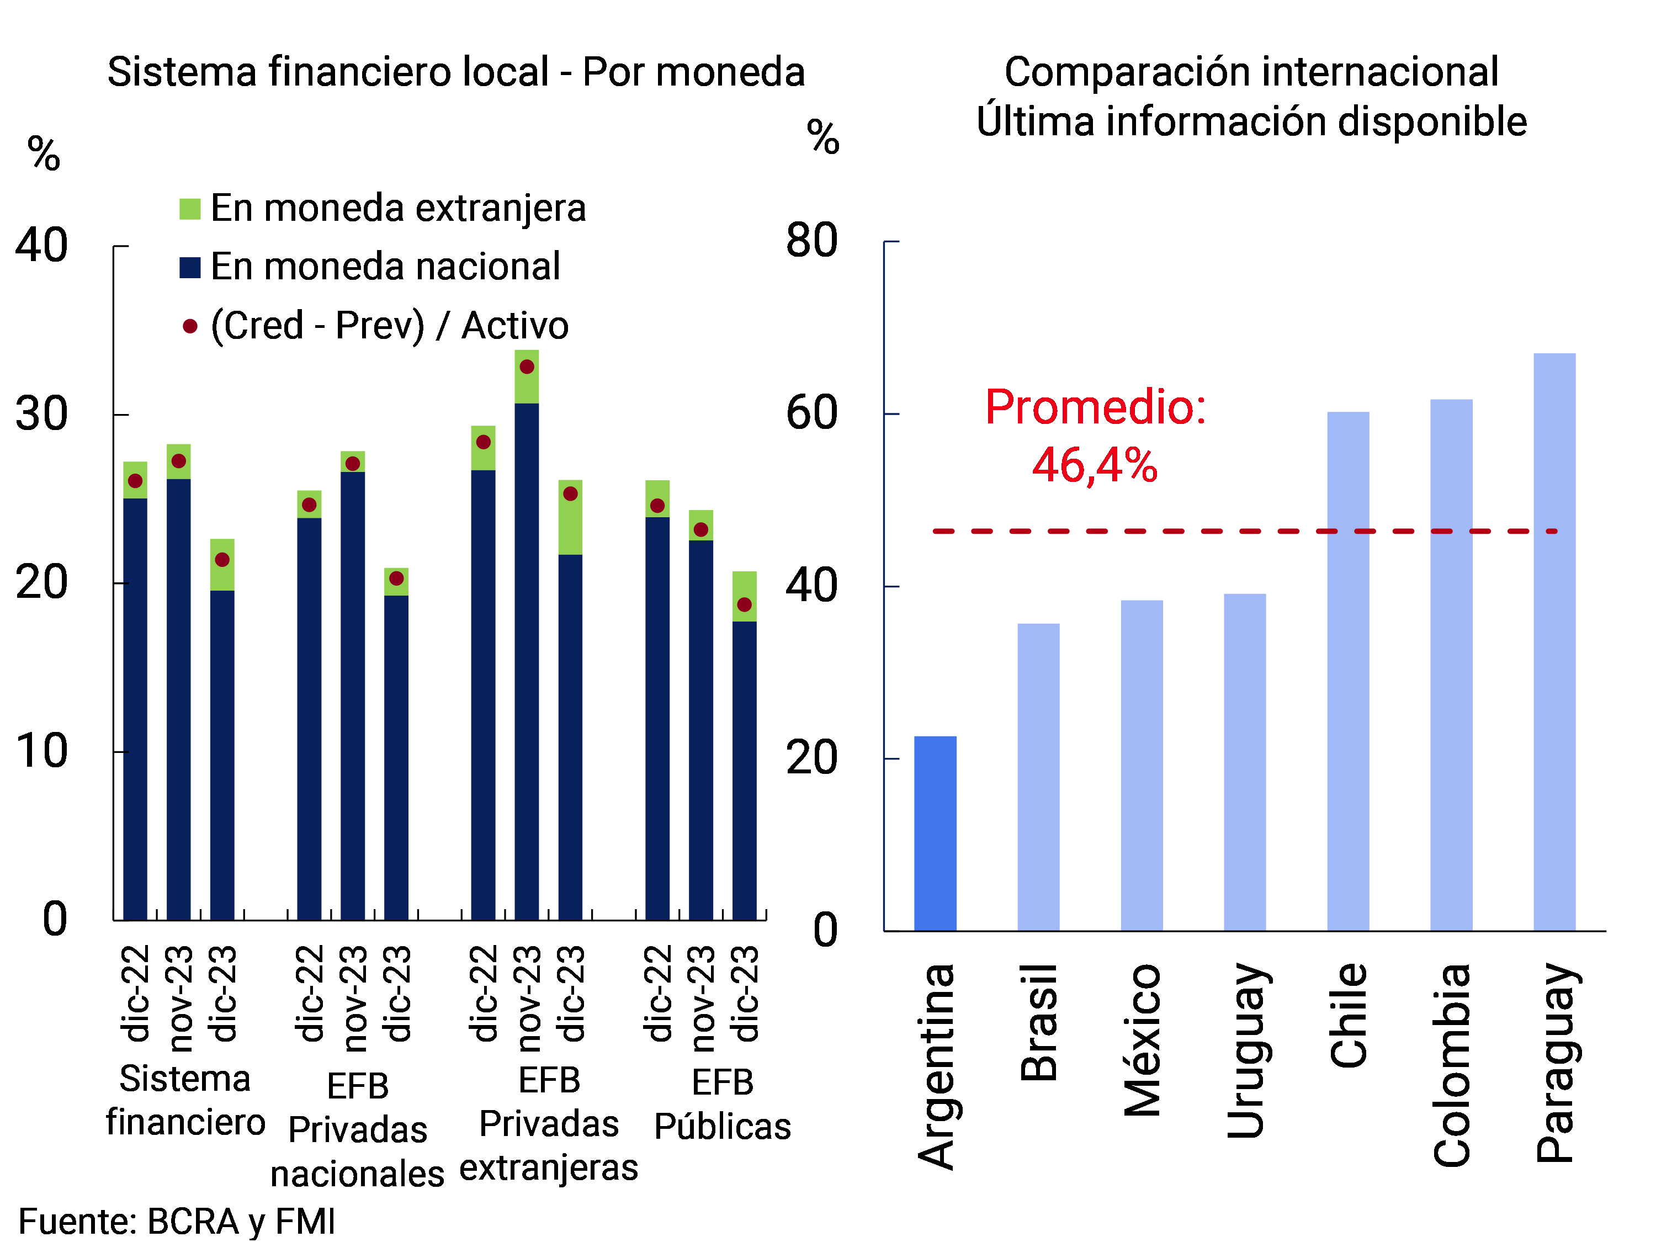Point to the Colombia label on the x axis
pyautogui.click(x=1452, y=1065)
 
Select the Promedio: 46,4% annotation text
pyautogui.click(x=1095, y=435)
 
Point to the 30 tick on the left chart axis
pyautogui.click(x=42, y=414)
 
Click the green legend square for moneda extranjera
pyautogui.click(x=190, y=209)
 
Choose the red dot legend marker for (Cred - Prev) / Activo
pyautogui.click(x=190, y=326)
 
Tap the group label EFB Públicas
pyautogui.click(x=723, y=1103)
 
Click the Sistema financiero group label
pyautogui.click(x=185, y=1100)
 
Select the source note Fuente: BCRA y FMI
pyautogui.click(x=177, y=1221)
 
